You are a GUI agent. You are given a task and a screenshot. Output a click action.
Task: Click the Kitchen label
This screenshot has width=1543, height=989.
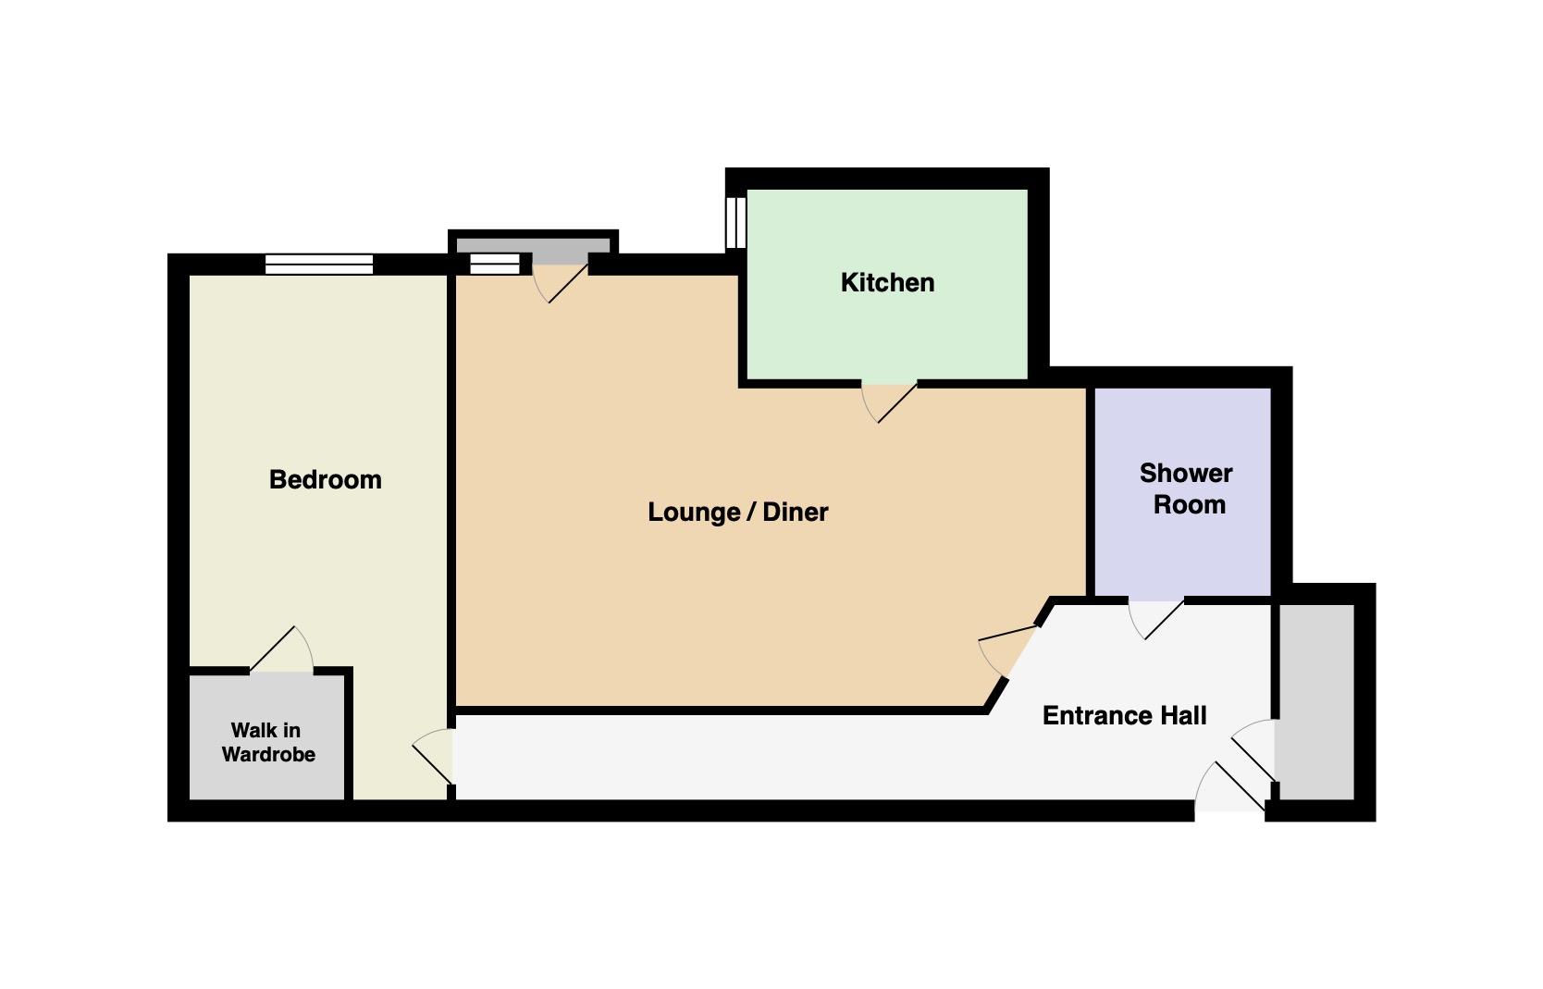887,282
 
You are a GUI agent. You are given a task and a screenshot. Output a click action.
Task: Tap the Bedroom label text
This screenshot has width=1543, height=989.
325,479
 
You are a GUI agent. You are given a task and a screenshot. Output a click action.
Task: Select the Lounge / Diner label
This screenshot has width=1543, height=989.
738,513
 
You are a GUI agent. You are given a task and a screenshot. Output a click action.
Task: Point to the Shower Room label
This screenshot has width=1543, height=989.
1186,489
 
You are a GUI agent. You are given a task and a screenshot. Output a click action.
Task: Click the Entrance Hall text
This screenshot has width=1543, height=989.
1124,715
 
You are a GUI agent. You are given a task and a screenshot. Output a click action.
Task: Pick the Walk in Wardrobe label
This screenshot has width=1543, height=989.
268,742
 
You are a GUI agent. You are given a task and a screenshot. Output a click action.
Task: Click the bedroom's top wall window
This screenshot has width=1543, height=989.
319,265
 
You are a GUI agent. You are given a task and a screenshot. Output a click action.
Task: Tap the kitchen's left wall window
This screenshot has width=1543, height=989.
735,223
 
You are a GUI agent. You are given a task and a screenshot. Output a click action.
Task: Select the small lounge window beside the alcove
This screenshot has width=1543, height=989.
495,264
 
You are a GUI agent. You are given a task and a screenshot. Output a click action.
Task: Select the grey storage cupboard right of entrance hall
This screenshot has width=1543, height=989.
1316,702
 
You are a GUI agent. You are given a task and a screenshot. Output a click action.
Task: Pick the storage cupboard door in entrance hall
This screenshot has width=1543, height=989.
1253,749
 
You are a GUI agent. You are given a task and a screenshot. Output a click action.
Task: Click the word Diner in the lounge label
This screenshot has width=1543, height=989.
796,513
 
